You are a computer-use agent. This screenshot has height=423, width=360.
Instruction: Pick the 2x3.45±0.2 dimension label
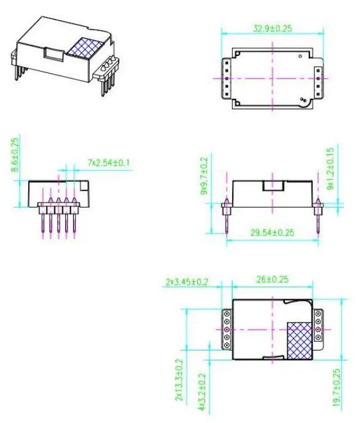point(187,282)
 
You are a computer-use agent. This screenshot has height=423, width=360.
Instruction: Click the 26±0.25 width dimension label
point(272,279)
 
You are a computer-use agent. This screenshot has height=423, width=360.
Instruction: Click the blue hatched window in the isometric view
point(78,49)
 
